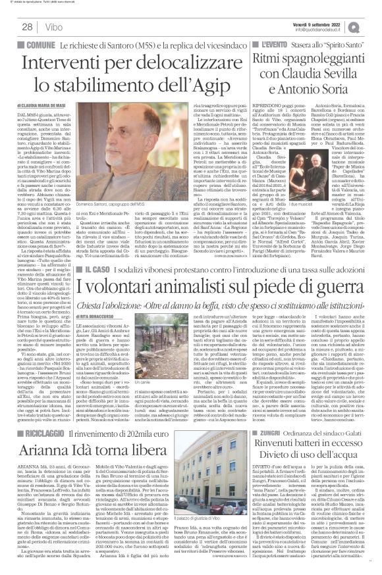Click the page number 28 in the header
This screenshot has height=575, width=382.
click(x=28, y=26)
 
